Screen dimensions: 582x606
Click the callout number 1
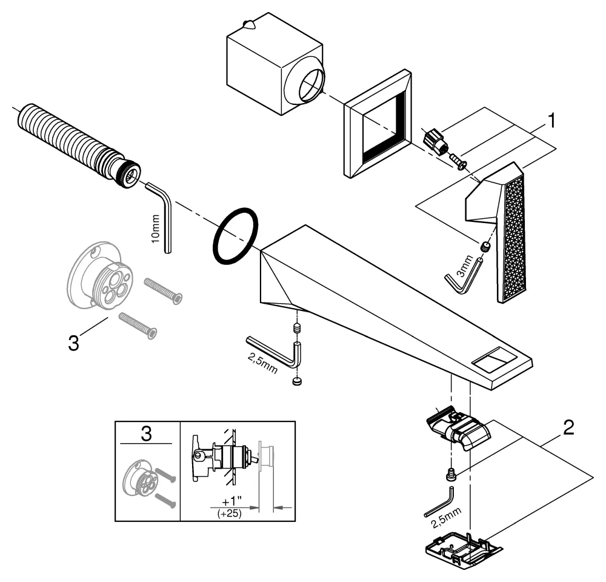551,121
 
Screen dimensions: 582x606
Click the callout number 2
568,427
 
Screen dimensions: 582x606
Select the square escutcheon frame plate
375,124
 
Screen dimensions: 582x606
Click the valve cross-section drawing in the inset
224,458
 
